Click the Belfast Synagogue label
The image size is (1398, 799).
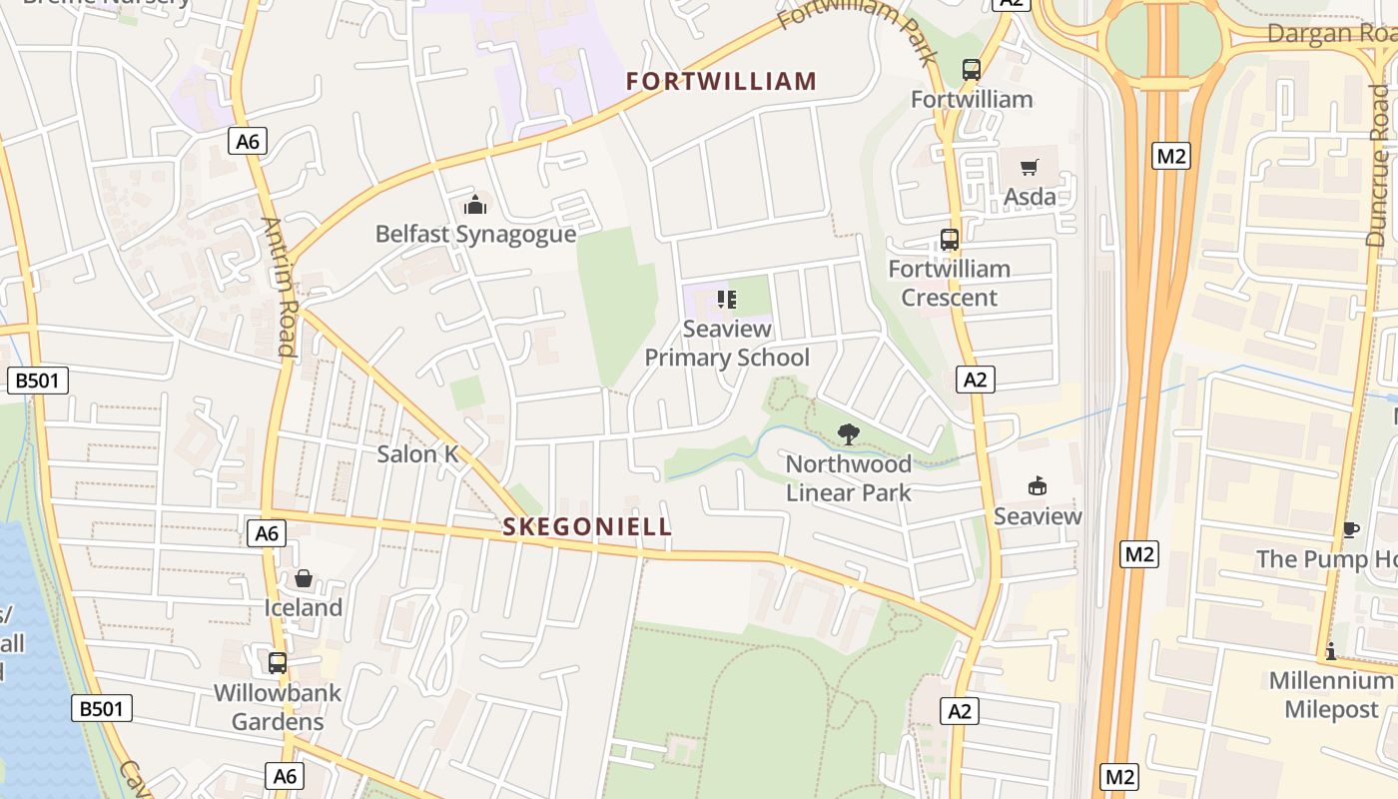tap(475, 235)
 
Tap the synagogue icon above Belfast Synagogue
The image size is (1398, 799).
tap(475, 205)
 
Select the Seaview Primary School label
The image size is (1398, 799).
tap(727, 344)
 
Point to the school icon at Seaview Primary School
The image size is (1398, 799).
tap(727, 299)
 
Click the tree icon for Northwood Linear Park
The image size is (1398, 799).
tap(848, 434)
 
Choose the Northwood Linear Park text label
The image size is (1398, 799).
tap(848, 478)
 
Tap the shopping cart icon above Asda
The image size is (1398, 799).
tap(1030, 167)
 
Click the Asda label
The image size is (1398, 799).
tap(1030, 197)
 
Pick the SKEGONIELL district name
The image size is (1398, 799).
tap(587, 527)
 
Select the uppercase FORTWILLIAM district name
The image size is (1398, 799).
tap(722, 82)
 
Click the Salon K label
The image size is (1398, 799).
tap(417, 454)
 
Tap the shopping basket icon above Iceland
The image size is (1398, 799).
tap(304, 578)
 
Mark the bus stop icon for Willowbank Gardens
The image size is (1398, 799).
tap(278, 662)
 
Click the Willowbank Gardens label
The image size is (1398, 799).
tap(278, 707)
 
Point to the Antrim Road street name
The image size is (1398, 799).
tap(281, 287)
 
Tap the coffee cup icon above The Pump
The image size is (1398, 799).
tap(1350, 529)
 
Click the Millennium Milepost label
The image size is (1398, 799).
tap(1330, 695)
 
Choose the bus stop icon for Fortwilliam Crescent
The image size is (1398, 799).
tap(949, 240)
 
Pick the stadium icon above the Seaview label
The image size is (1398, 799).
tap(1038, 486)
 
